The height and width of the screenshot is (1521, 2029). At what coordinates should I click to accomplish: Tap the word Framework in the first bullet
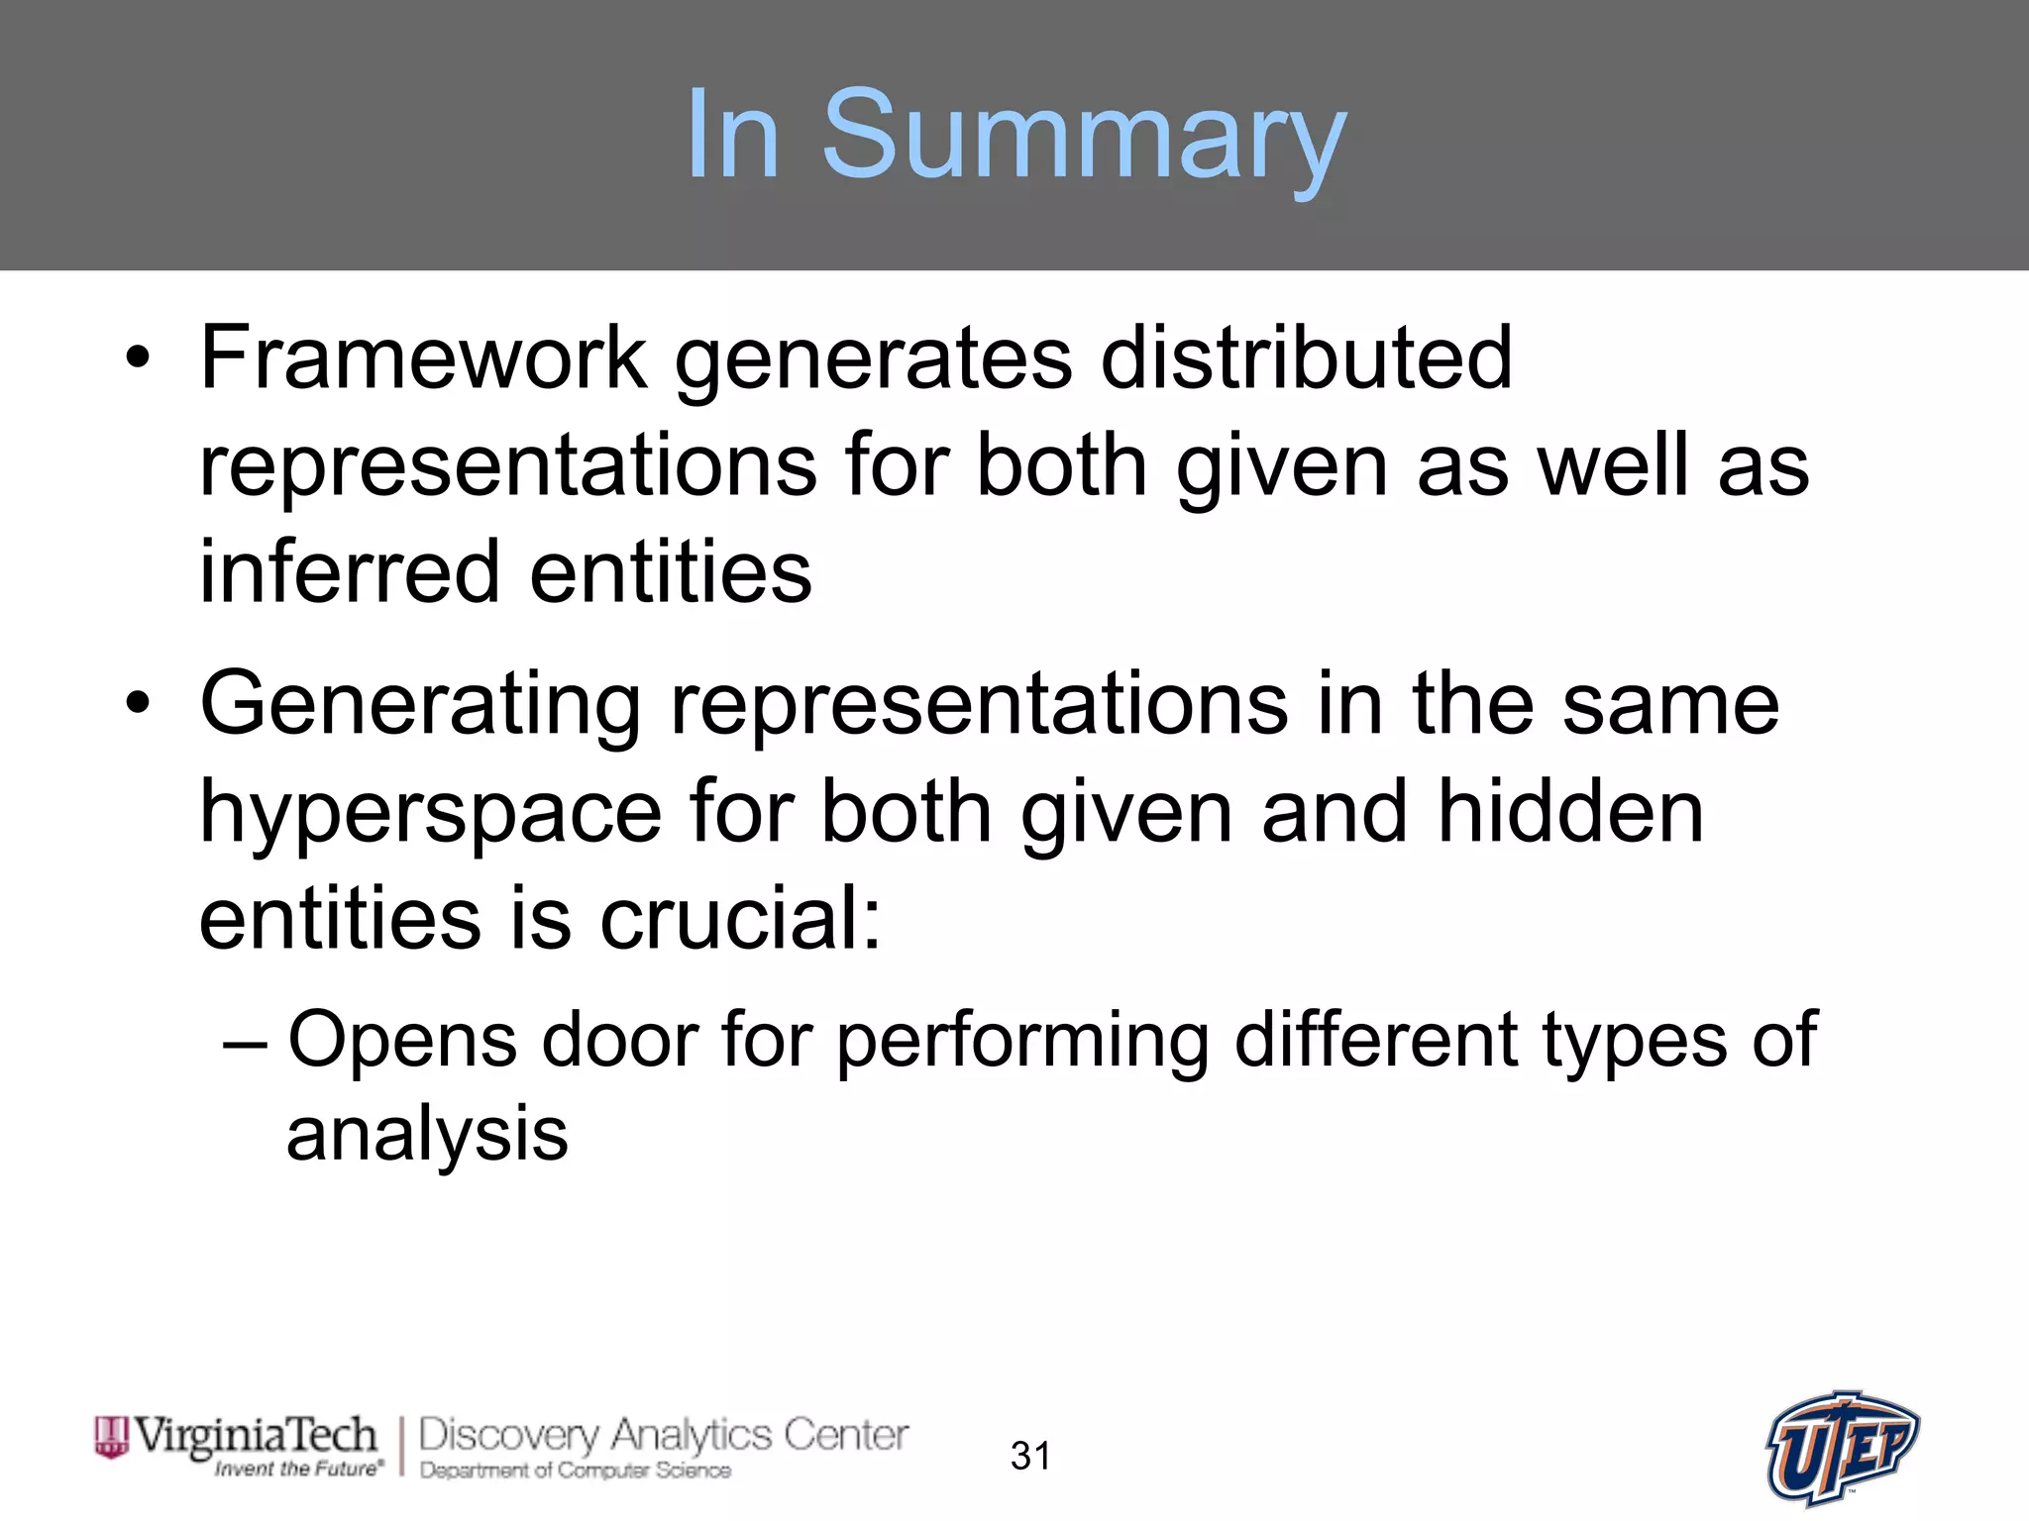point(423,357)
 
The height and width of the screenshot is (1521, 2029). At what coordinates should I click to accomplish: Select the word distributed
point(1306,357)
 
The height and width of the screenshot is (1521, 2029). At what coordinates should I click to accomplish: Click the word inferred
point(350,571)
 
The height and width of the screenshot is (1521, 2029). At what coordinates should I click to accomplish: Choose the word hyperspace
point(431,813)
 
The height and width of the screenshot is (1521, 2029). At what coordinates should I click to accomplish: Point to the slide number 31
point(1030,1456)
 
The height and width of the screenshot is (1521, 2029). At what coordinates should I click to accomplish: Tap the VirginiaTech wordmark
point(255,1435)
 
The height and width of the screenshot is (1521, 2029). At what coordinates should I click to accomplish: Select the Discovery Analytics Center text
point(663,1435)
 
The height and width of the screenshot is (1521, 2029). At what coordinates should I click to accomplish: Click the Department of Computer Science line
point(576,1470)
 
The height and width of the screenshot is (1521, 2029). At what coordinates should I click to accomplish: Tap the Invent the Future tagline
point(298,1469)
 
